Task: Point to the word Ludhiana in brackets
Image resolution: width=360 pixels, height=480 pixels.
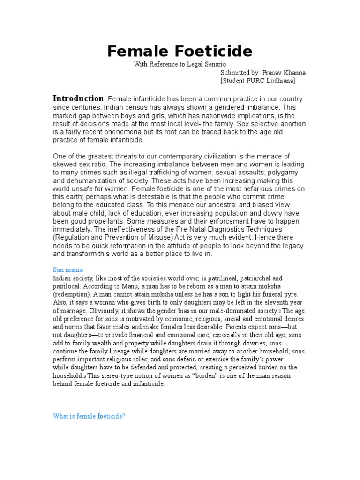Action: pyautogui.click(x=278, y=81)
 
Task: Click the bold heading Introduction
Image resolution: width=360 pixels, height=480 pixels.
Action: pyautogui.click(x=78, y=98)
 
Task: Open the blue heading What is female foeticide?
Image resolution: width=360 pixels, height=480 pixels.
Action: pyautogui.click(x=89, y=416)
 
